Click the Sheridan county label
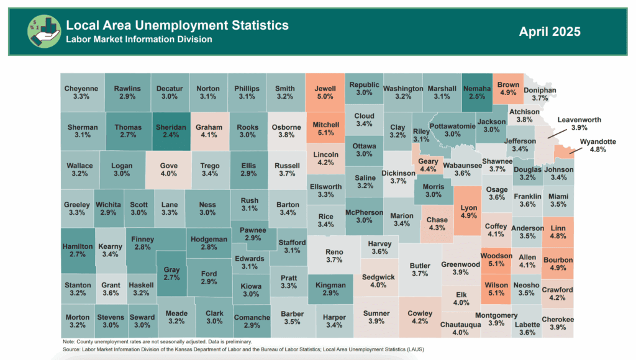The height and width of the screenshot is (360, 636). point(170,127)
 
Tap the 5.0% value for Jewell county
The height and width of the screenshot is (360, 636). point(325,97)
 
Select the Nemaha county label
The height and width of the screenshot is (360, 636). point(477,89)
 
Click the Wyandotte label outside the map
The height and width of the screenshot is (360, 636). point(597,142)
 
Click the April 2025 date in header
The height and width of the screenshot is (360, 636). point(550,31)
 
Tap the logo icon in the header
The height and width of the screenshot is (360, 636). point(44,32)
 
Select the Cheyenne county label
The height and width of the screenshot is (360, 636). point(81,89)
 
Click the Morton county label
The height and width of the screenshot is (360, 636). point(78,317)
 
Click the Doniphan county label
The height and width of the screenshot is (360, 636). point(540,89)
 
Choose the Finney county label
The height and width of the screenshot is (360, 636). point(143,239)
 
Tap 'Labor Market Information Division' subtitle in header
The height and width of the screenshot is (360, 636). point(139,39)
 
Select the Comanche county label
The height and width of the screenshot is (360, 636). point(252,318)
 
